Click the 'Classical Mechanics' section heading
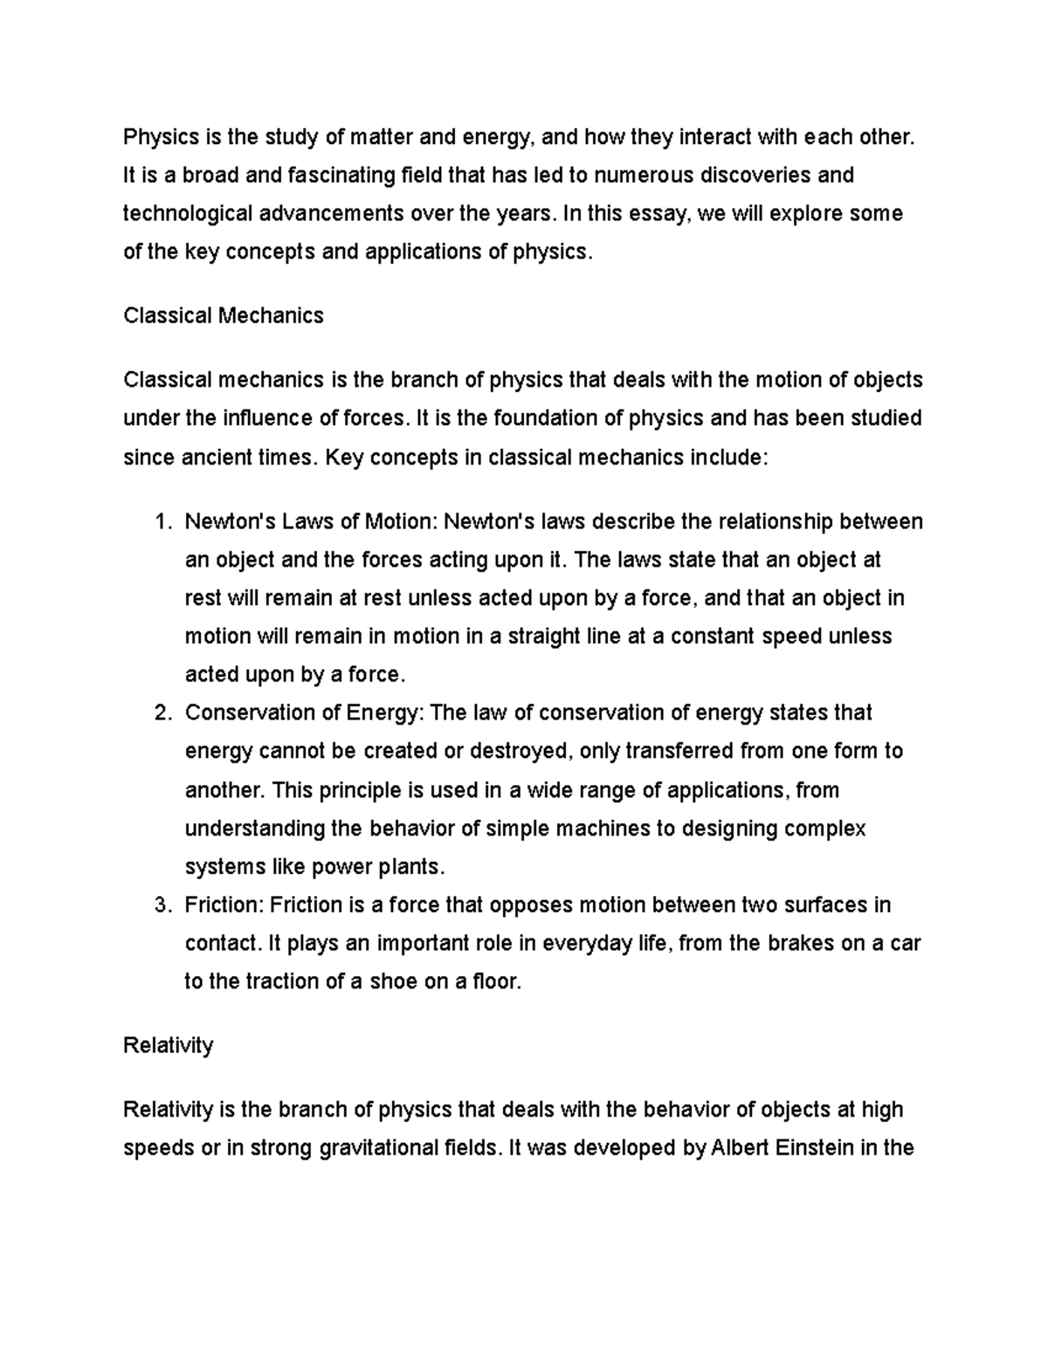pyautogui.click(x=224, y=315)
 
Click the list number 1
pyautogui.click(x=160, y=522)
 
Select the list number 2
pyautogui.click(x=160, y=713)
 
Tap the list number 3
pyautogui.click(x=160, y=905)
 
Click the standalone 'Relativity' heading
pyautogui.click(x=169, y=1045)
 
